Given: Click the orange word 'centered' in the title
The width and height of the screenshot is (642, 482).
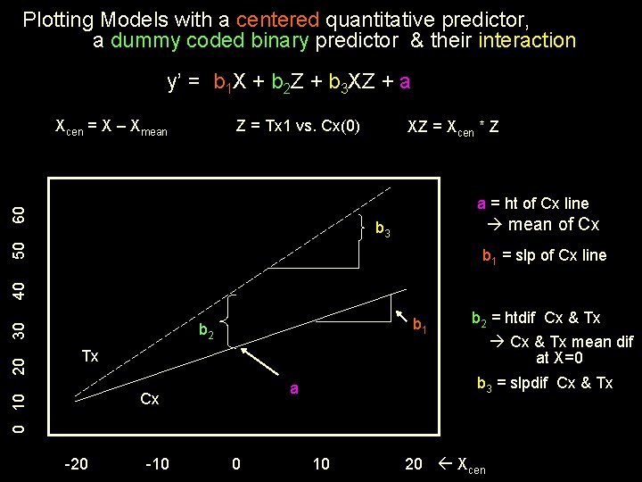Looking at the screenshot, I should [277, 19].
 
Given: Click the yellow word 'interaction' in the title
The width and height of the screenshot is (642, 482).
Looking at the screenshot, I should [527, 40].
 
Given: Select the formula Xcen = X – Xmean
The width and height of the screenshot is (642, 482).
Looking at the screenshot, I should [111, 128].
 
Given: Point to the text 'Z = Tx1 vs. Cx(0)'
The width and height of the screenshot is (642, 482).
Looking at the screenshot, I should [298, 126].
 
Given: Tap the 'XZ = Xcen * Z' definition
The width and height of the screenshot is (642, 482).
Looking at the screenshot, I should [453, 128].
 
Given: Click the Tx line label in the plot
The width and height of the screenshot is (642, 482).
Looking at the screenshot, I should [90, 356].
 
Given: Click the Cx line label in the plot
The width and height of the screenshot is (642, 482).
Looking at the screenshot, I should [150, 399].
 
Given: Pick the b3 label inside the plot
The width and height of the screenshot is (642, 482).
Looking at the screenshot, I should [382, 230].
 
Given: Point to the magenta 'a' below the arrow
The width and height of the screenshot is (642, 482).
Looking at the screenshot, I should [293, 388].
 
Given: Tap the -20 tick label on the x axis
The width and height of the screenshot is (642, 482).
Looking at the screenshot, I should [77, 463].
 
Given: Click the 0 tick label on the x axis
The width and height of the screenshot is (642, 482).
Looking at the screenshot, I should [235, 463].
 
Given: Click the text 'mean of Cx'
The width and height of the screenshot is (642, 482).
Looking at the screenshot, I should [553, 225].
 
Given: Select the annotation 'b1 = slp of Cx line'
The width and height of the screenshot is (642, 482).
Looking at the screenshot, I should [544, 256].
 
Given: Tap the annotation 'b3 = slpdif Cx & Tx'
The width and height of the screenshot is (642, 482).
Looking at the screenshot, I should [545, 384].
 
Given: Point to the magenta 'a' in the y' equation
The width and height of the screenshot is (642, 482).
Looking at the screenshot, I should [405, 83].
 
